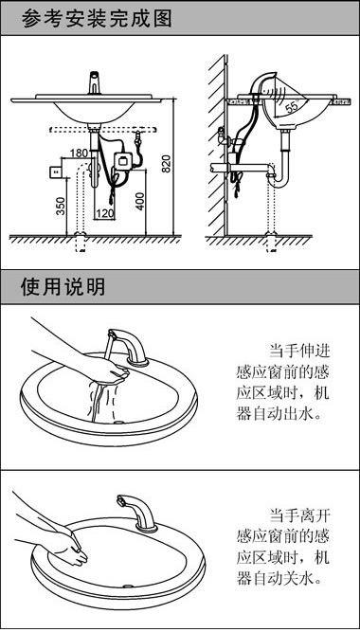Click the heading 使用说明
[x=62, y=286]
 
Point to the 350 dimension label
[x=61, y=207]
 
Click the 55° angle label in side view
[x=291, y=107]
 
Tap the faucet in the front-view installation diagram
[x=95, y=84]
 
